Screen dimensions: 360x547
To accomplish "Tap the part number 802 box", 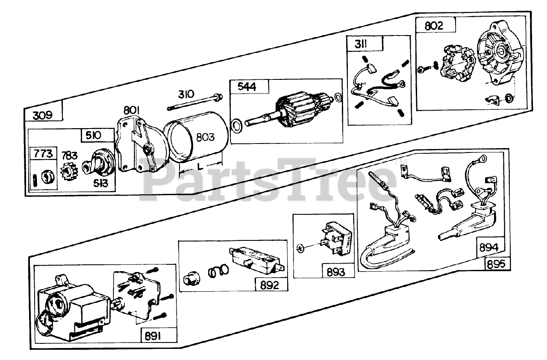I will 434,26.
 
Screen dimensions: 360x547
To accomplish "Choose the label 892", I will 270,285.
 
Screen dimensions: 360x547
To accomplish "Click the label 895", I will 497,263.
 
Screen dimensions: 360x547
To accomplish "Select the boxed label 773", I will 43,154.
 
